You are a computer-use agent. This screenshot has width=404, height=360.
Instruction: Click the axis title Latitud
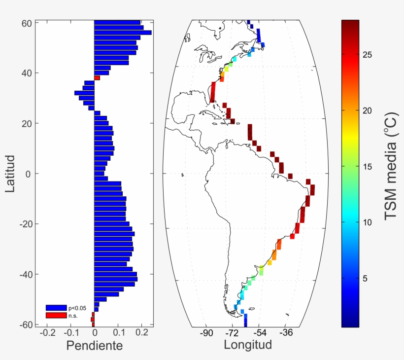(x=11, y=174)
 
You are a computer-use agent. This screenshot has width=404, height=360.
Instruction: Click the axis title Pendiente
(x=95, y=346)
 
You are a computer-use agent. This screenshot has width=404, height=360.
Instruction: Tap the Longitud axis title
(x=248, y=344)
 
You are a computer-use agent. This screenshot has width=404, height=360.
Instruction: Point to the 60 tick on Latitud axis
(x=27, y=23)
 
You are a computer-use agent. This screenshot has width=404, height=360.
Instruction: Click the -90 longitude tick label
(x=206, y=333)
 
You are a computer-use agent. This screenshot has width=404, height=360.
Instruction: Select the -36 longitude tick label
(x=286, y=333)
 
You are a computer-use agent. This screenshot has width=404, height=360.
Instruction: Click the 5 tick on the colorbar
(x=365, y=279)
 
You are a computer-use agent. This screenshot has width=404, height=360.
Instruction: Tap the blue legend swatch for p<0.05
(x=56, y=308)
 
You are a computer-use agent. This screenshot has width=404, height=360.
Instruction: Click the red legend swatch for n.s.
(x=56, y=315)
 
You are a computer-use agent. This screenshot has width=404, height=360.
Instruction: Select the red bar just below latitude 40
(x=97, y=78)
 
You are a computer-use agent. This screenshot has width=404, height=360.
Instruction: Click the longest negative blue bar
(x=84, y=93)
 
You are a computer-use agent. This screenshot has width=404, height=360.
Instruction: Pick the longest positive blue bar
(x=123, y=33)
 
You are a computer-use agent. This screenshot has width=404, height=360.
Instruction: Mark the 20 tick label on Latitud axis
(x=27, y=123)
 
